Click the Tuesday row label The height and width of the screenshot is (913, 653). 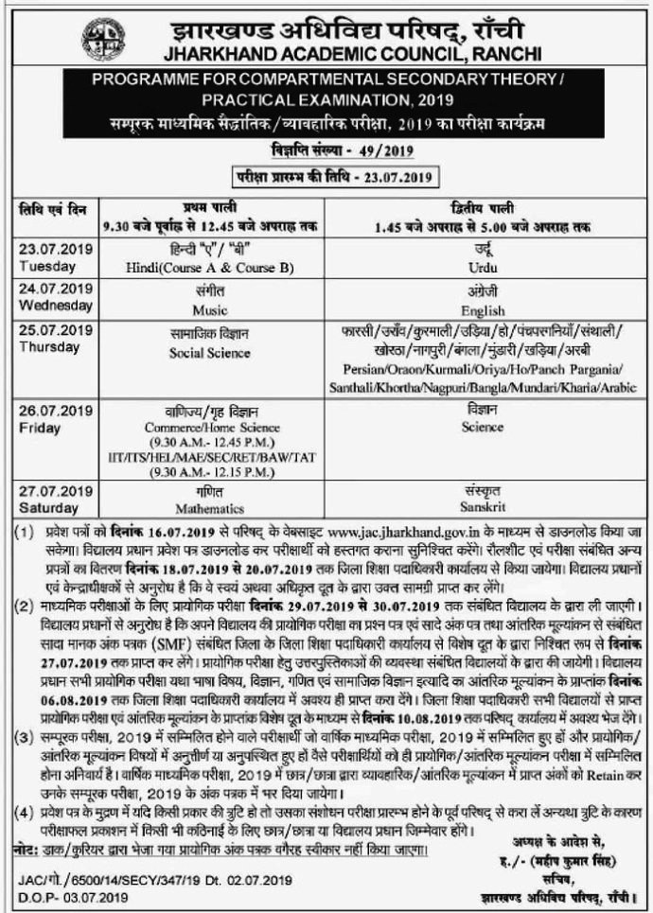point(44,267)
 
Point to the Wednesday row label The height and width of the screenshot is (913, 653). point(55,306)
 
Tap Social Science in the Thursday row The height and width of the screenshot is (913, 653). point(210,353)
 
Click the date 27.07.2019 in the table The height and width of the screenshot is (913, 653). point(55,490)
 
